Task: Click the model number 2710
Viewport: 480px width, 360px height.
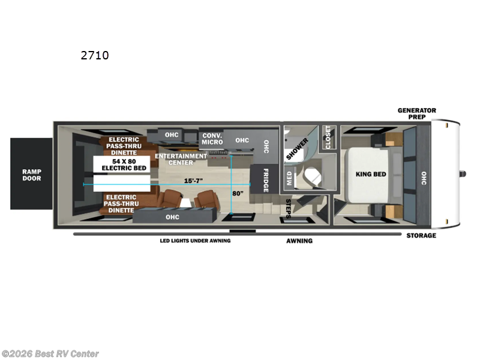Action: [95, 56]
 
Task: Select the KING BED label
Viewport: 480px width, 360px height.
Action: [371, 175]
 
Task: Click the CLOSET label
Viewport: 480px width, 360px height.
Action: [327, 137]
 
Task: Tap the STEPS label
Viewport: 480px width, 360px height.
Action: [289, 208]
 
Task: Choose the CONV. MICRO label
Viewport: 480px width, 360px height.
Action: [212, 139]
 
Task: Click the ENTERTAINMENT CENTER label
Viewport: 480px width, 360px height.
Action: [181, 159]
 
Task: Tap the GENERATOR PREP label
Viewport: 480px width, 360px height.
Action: [417, 113]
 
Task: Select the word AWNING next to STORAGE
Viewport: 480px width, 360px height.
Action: [299, 241]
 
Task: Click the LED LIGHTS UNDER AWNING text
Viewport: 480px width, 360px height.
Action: [195, 241]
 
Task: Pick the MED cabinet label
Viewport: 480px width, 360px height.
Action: [289, 178]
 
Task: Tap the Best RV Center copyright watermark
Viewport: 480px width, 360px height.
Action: [50, 354]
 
